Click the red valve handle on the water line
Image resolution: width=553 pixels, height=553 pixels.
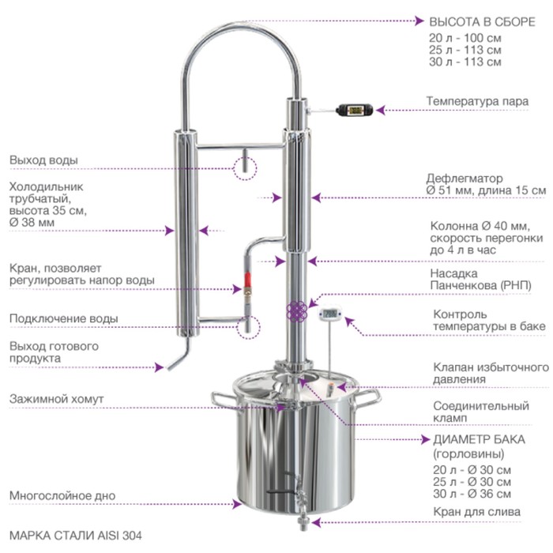[x=247, y=280]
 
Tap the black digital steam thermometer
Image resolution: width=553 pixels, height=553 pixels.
[x=354, y=110]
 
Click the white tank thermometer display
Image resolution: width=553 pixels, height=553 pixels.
[x=330, y=314]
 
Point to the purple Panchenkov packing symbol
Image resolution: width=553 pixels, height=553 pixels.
[x=296, y=311]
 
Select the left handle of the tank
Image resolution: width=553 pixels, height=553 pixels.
[x=223, y=399]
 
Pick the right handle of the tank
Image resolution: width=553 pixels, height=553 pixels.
[x=368, y=399]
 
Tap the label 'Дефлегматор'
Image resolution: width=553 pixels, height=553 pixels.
[x=465, y=178]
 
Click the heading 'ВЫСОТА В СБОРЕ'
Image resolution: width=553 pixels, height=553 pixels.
[x=482, y=22]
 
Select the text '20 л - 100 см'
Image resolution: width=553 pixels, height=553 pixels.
[x=465, y=38]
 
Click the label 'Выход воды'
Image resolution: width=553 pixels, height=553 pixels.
[x=43, y=160]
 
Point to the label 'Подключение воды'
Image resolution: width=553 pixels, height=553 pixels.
[x=64, y=318]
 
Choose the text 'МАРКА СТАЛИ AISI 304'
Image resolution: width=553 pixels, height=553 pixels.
[x=76, y=536]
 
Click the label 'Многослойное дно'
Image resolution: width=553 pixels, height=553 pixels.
[x=62, y=495]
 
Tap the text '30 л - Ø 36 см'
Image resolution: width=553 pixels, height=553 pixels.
[x=472, y=494]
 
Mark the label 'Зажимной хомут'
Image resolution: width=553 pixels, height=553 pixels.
[x=56, y=399]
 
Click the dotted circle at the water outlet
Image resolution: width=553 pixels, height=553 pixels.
[x=246, y=168]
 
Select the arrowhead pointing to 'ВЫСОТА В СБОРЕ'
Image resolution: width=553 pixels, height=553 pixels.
[x=419, y=21]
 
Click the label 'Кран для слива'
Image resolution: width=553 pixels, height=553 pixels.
[x=477, y=511]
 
